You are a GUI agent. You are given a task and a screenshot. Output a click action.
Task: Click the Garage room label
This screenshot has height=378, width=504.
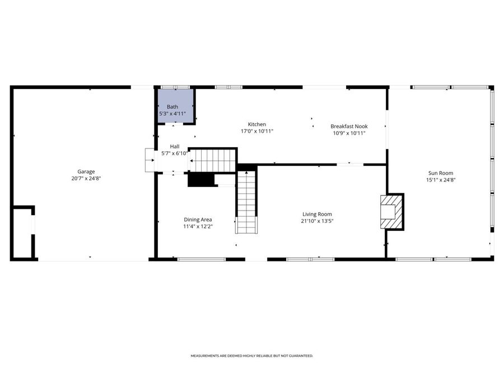86,171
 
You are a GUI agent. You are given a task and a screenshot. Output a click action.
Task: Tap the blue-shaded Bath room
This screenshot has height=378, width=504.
176,105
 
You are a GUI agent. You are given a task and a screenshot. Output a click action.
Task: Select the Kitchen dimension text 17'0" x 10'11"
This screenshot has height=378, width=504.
257,131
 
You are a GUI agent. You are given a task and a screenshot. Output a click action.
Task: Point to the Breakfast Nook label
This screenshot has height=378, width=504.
348,127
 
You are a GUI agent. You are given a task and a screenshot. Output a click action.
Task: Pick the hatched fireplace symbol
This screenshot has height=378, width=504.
391,212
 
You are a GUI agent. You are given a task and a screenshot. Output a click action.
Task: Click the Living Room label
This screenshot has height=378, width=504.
318,214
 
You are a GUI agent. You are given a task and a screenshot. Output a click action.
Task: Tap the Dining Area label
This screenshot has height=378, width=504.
198,220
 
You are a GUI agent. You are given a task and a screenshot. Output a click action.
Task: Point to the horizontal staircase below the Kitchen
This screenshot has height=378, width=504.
213,160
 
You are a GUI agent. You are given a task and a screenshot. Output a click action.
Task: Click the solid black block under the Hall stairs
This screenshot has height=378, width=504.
201,179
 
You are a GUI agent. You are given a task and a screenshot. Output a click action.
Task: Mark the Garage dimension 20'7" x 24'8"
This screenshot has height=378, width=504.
86,178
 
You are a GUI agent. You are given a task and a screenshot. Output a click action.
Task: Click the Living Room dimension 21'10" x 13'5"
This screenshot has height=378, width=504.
318,221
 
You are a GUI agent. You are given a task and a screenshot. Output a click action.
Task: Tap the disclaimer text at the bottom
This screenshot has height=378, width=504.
251,356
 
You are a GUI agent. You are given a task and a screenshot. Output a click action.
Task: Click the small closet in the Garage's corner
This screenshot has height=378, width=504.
22,232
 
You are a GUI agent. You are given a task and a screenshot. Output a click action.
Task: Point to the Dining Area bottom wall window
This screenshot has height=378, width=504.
201,259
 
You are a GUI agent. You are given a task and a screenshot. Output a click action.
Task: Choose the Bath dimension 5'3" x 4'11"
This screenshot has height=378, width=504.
172,114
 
